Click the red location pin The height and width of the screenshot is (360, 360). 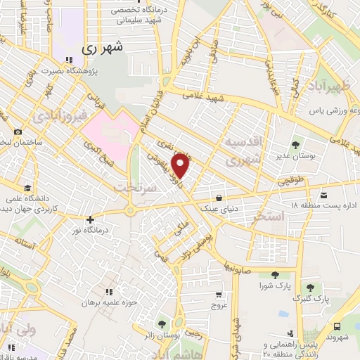(x=181, y=165)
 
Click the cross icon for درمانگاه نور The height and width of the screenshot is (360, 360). (x=90, y=219)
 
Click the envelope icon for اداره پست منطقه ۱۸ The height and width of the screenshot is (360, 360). (x=323, y=194)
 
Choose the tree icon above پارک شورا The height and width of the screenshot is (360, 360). (x=273, y=274)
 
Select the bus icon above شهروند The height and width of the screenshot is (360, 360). (x=337, y=326)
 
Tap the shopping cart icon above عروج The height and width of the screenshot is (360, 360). (x=219, y=295)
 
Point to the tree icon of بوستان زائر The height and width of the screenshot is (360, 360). (x=162, y=324)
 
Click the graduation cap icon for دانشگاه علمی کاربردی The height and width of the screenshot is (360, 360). (x=27, y=188)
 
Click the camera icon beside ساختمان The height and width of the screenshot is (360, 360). (x=17, y=132)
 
